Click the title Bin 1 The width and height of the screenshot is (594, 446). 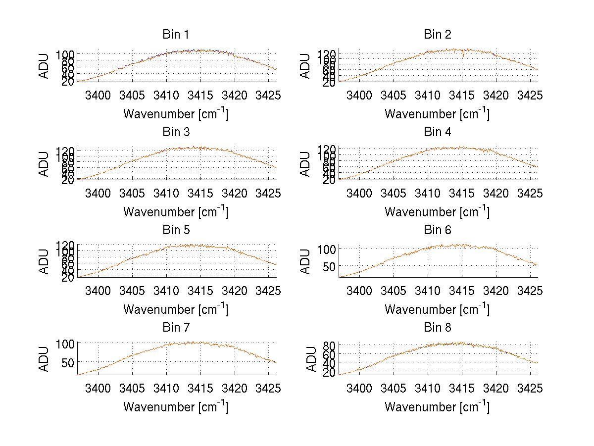[176, 35]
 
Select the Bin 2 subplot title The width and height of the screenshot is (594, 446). [437, 35]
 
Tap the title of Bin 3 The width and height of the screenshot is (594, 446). [176, 132]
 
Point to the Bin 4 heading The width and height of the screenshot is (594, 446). [437, 132]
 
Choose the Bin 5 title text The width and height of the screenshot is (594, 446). [176, 230]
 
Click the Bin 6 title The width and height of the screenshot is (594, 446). [437, 230]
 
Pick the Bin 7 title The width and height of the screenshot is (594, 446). [176, 328]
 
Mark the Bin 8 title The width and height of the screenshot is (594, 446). [437, 328]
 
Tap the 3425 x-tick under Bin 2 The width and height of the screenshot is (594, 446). [530, 95]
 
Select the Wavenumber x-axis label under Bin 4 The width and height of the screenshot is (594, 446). [437, 211]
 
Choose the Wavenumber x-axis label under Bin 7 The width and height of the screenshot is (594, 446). [176, 407]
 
